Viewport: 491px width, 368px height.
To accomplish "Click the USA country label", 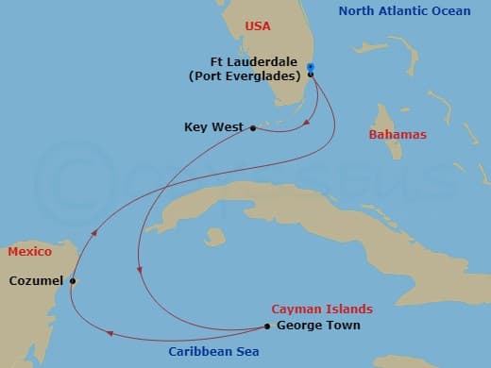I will [257, 26].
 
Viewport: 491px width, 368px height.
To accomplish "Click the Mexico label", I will [29, 253].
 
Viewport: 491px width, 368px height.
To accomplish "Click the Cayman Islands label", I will [321, 309].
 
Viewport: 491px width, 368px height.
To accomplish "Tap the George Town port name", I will [318, 326].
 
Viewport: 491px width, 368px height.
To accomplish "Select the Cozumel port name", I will [36, 280].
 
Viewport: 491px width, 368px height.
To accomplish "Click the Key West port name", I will [214, 127].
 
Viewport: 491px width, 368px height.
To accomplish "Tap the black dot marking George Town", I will [270, 327].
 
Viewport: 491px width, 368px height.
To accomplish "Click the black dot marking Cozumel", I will [73, 280].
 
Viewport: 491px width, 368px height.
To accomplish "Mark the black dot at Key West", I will [252, 127].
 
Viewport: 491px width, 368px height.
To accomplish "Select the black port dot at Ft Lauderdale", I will [311, 75].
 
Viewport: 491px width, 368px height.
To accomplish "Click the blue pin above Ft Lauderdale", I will [311, 66].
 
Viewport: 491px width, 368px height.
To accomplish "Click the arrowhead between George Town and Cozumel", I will [110, 332].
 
